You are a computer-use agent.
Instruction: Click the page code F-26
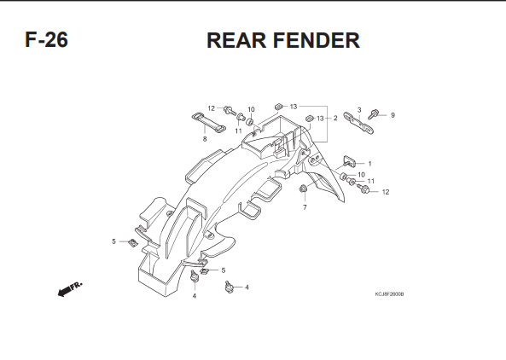[46, 40]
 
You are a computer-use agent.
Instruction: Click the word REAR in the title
[236, 40]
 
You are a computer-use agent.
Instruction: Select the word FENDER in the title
[317, 40]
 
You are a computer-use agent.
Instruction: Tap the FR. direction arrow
[70, 288]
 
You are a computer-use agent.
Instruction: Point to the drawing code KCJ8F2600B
[389, 294]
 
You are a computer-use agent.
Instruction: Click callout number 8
[205, 139]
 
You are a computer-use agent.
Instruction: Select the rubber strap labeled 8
[208, 123]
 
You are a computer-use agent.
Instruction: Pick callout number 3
[359, 110]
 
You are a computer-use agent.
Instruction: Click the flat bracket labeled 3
[358, 123]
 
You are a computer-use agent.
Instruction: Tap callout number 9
[393, 115]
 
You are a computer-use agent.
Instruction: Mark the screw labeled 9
[373, 114]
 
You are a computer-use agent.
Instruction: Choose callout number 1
[369, 164]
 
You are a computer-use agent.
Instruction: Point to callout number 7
[305, 207]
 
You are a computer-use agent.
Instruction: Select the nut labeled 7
[303, 189]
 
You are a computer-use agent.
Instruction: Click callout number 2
[335, 118]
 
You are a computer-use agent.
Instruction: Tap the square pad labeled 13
[279, 106]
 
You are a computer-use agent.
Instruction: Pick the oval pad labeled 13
[309, 118]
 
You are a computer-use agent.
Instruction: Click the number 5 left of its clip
[113, 241]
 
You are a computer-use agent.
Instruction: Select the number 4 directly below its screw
[195, 296]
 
